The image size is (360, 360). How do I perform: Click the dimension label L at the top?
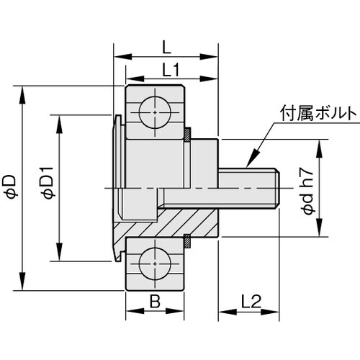coord(166,48)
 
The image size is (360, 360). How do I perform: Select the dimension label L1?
coord(171,69)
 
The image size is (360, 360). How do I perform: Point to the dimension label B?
coord(155,302)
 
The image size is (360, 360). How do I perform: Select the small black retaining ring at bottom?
coord(186,241)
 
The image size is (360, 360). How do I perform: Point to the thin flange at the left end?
coord(117,187)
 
